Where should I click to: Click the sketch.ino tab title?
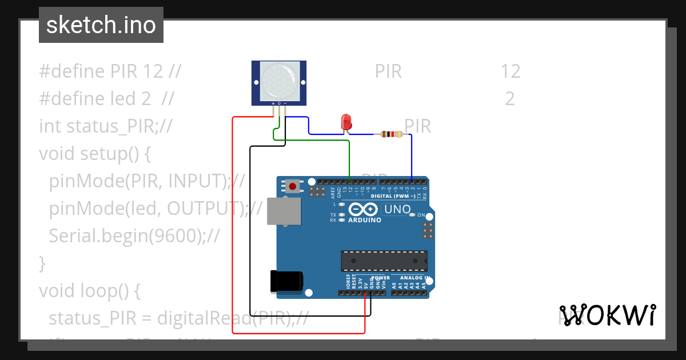[101, 25]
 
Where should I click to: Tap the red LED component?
[346, 122]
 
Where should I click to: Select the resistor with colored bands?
[391, 134]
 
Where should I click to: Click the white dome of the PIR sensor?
[278, 79]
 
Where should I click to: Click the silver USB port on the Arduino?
[284, 211]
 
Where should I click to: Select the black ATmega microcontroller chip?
[384, 261]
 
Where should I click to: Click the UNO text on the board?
[397, 210]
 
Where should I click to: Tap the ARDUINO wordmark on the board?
[364, 220]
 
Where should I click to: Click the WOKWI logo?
[607, 315]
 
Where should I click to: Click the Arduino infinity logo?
[364, 209]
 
